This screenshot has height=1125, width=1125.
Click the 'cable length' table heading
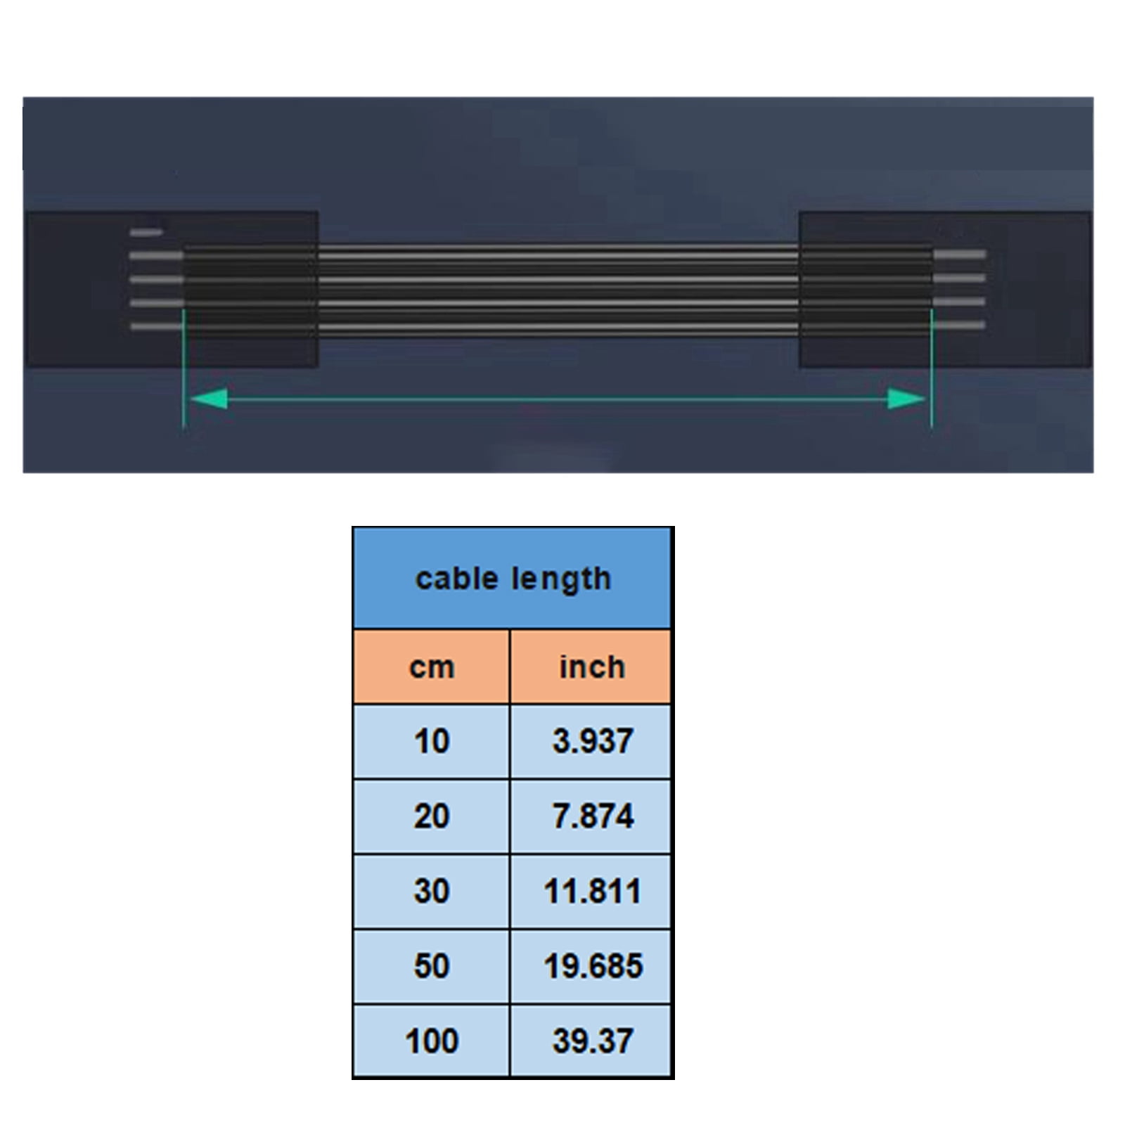coord(513,579)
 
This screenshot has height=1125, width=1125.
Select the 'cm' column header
coord(431,667)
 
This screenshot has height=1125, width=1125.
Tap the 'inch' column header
coord(591,667)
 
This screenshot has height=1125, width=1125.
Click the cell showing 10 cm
coord(431,741)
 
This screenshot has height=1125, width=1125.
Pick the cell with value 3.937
coord(591,741)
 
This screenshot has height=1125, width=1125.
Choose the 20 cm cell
coord(431,816)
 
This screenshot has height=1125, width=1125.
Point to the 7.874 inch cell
coord(591,816)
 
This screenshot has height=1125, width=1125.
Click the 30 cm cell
coord(431,891)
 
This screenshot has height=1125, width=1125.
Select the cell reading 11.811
coord(591,891)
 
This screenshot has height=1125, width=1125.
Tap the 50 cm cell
coord(431,966)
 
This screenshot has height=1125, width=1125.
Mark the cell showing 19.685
coord(591,966)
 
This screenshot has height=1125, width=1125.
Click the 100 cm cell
coord(431,1041)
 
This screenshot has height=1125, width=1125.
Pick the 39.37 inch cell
coord(591,1041)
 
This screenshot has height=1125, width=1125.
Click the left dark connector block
coord(77,288)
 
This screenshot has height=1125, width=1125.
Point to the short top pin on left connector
coord(146,232)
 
